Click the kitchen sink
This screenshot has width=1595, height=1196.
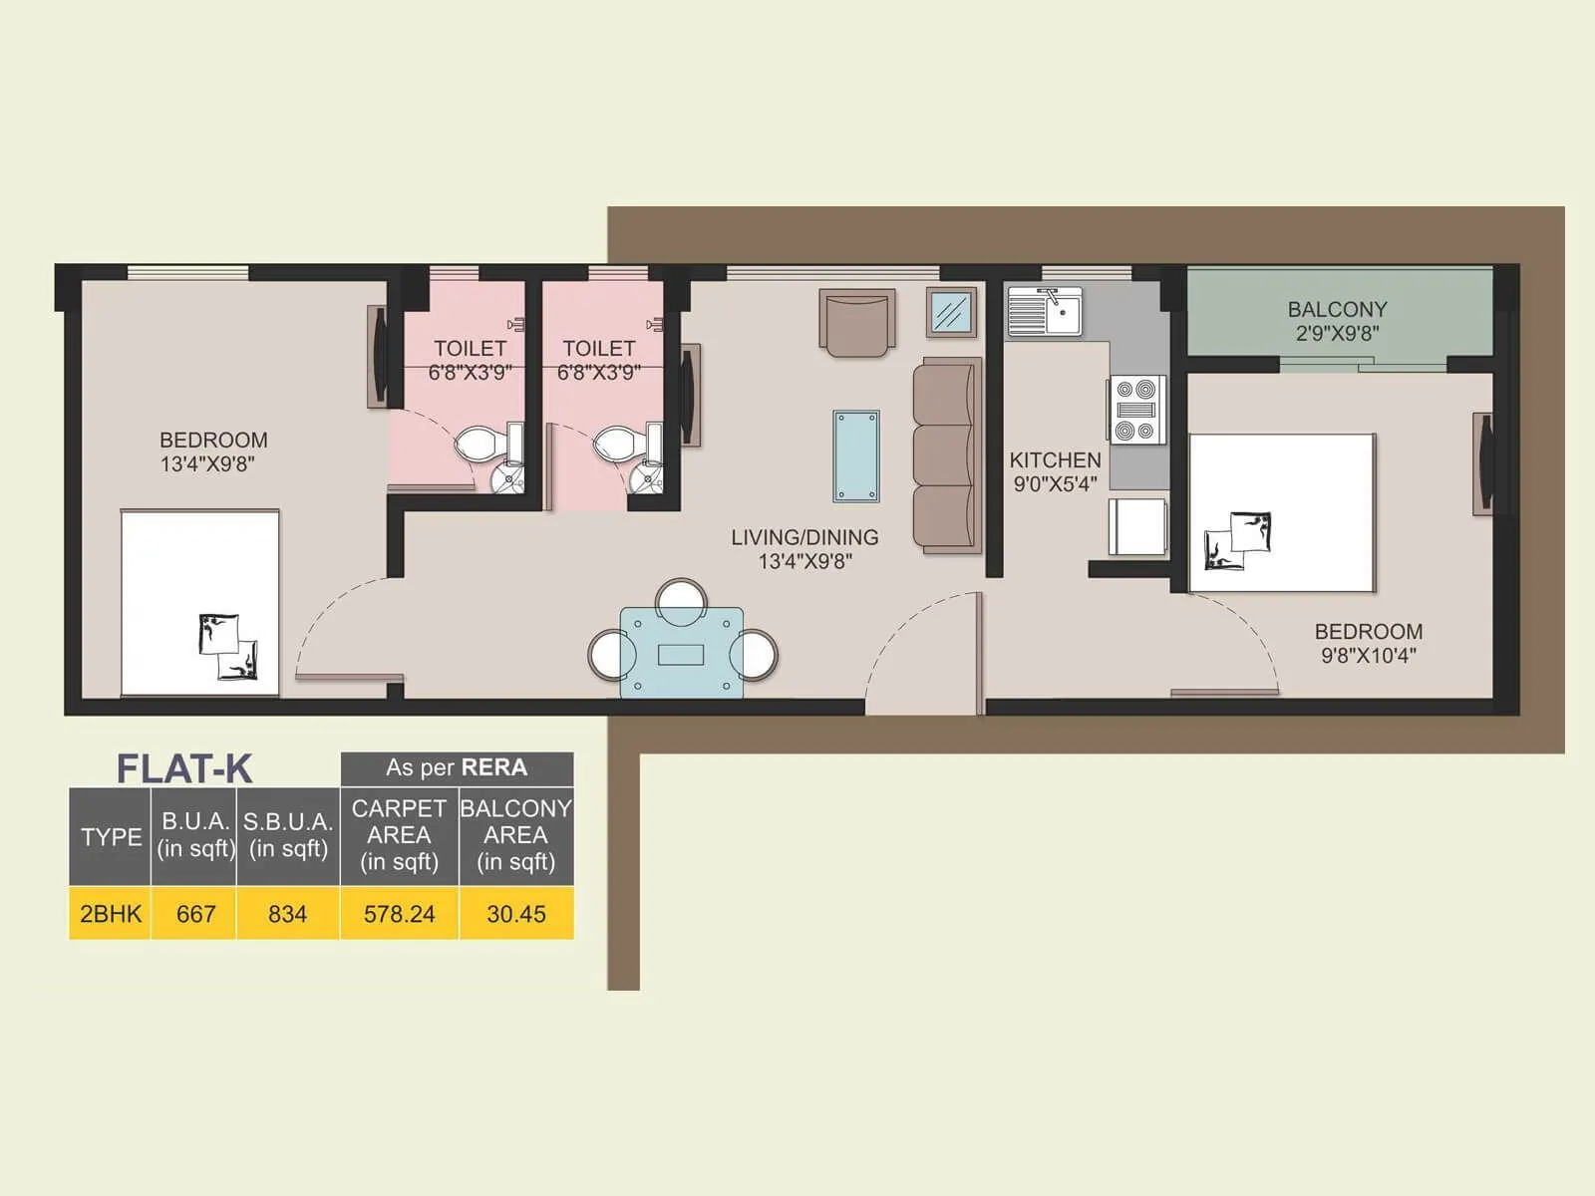coord(1045,312)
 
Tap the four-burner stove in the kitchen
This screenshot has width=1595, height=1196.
coord(1136,409)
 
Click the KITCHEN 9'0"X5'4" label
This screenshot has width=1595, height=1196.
coord(1055,471)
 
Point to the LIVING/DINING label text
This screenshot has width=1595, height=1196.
coord(804,538)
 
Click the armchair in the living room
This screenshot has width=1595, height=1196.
coord(857,321)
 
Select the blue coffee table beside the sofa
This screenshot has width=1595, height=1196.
coord(856,455)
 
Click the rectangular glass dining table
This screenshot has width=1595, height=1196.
coord(682,653)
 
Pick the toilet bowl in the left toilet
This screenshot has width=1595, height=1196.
coord(482,444)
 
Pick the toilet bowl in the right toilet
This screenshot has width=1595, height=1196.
coord(620,444)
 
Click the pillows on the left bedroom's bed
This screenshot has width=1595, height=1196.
coord(228,647)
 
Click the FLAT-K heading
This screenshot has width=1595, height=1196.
coord(184,768)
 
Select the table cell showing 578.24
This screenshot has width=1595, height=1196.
coord(399,913)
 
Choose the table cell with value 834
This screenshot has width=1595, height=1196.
coord(287,913)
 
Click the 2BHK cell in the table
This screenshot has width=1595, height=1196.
coord(111,913)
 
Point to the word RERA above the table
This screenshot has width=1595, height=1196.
coord(495,767)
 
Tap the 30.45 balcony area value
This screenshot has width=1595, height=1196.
coord(515,913)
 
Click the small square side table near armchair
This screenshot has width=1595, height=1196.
coord(951,313)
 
